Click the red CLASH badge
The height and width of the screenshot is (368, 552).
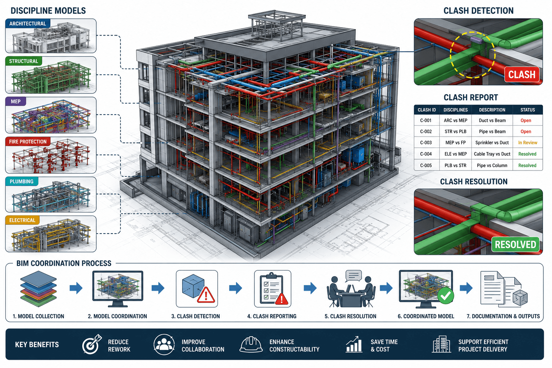pos(522,74)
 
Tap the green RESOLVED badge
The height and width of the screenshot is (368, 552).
pos(515,244)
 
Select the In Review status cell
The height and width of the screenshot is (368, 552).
pos(527,142)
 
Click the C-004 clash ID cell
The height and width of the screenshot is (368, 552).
pos(426,154)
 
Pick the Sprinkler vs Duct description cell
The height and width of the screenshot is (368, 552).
pos(492,142)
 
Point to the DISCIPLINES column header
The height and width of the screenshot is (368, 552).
pos(455,110)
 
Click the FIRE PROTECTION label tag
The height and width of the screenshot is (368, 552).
pos(28,142)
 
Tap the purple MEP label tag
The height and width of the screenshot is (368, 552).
pos(15,101)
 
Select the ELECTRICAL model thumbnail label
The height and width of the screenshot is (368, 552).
pos(22,220)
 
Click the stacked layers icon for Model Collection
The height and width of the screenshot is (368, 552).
pos(38,289)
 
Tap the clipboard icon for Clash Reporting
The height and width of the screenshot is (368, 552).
pos(272,289)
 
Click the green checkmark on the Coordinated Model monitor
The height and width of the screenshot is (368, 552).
pos(446,295)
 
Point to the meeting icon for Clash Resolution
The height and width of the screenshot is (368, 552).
pos(350,289)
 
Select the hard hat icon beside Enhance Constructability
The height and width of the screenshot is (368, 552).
pos(251,344)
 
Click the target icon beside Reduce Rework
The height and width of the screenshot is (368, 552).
pos(92,344)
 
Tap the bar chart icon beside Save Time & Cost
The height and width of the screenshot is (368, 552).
pos(354,344)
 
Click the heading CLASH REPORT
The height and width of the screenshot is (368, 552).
pos(471,97)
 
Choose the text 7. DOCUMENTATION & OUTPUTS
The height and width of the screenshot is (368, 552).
pos(503,316)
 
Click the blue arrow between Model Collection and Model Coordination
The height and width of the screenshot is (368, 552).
pos(76,288)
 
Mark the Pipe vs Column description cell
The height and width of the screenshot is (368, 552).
pos(492,165)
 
